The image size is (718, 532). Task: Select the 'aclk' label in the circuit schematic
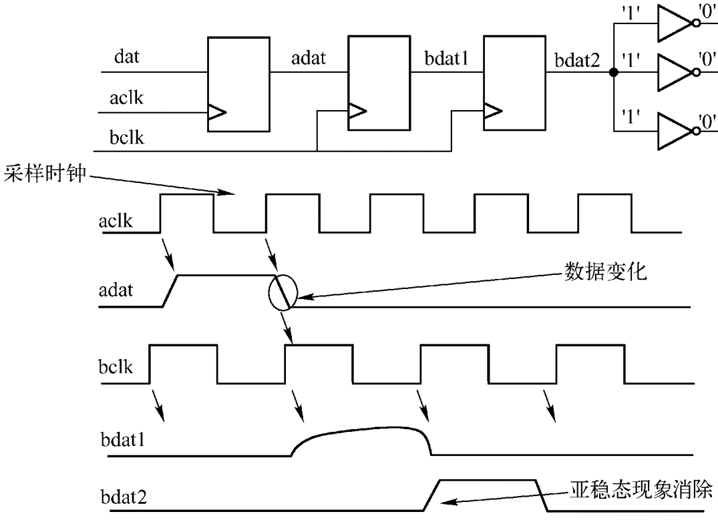pyautogui.click(x=126, y=99)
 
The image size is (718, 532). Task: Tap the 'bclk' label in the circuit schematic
pyautogui.click(x=126, y=138)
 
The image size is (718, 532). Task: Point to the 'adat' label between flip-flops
pyautogui.click(x=308, y=59)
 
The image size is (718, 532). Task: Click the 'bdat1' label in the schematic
pyautogui.click(x=446, y=59)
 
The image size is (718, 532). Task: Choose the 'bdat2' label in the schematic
pyautogui.click(x=576, y=59)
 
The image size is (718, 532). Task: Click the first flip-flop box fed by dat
pyautogui.click(x=238, y=84)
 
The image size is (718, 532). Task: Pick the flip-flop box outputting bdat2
pyautogui.click(x=513, y=84)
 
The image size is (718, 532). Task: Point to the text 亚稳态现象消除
pyautogui.click(x=641, y=491)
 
